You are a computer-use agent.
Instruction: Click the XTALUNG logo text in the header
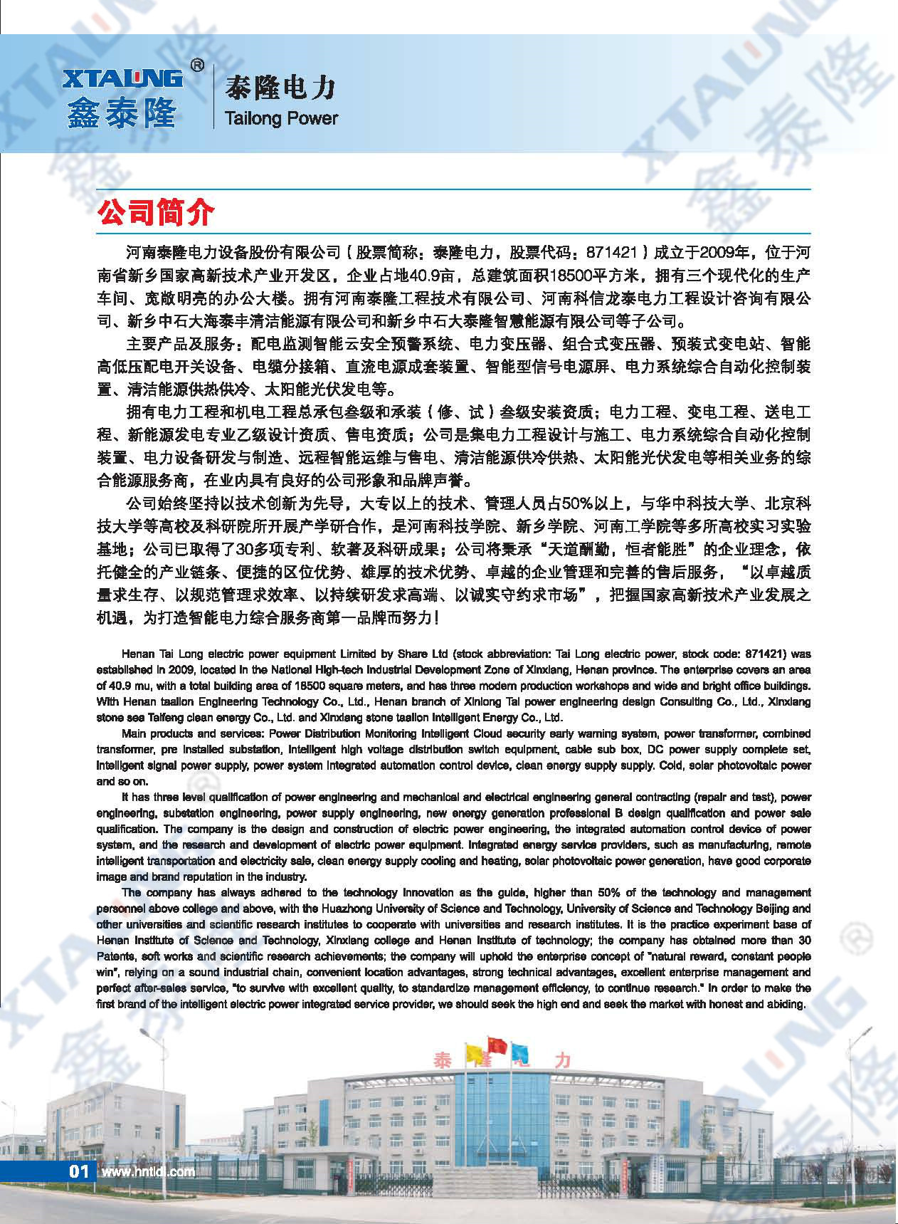pos(122,79)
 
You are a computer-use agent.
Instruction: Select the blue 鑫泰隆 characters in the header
pos(122,113)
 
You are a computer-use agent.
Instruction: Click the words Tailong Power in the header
pos(280,118)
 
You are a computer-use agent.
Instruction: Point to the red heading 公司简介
pos(155,212)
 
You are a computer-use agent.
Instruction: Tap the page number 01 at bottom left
pos(78,1171)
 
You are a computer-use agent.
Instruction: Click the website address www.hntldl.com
pos(148,1171)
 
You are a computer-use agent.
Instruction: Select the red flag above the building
pos(497,1045)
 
